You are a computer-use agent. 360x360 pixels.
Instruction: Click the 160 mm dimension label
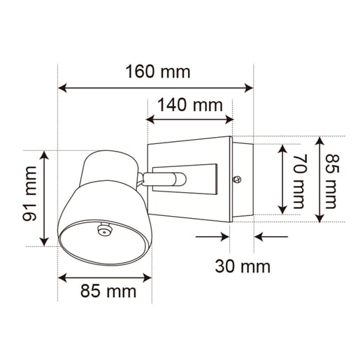(x=158, y=71)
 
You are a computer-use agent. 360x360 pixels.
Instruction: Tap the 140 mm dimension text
(x=190, y=105)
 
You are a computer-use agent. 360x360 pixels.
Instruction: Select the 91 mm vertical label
(x=29, y=194)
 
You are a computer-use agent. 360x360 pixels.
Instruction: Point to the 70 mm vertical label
(x=298, y=181)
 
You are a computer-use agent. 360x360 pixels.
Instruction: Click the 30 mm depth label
(x=243, y=266)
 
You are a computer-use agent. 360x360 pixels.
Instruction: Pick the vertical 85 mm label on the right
(x=331, y=181)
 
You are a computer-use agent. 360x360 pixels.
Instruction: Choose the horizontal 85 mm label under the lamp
(x=108, y=291)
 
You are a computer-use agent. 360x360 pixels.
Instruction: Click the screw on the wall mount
(x=238, y=180)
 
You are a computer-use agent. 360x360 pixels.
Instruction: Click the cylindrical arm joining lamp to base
(x=164, y=179)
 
